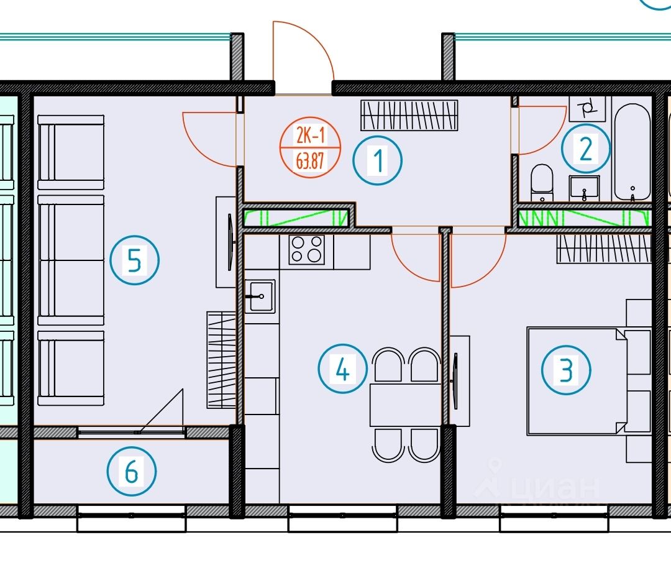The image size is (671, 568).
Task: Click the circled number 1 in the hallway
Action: pyautogui.click(x=378, y=160)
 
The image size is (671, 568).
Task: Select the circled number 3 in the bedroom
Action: pyautogui.click(x=566, y=370)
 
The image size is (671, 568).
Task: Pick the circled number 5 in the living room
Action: pyautogui.click(x=134, y=261)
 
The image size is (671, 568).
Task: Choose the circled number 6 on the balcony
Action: pyautogui.click(x=131, y=472)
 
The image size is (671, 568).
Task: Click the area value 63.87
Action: pyautogui.click(x=310, y=163)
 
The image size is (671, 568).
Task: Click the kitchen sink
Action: pyautogui.click(x=260, y=296)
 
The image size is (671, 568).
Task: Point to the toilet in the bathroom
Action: pyautogui.click(x=542, y=182)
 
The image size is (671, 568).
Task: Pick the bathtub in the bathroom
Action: pyautogui.click(x=632, y=152)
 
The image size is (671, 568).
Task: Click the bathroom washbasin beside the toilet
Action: pyautogui.click(x=584, y=187)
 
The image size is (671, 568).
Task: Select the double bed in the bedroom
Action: pyautogui.click(x=575, y=380)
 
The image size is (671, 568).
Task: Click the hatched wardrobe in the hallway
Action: pyautogui.click(x=409, y=115)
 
